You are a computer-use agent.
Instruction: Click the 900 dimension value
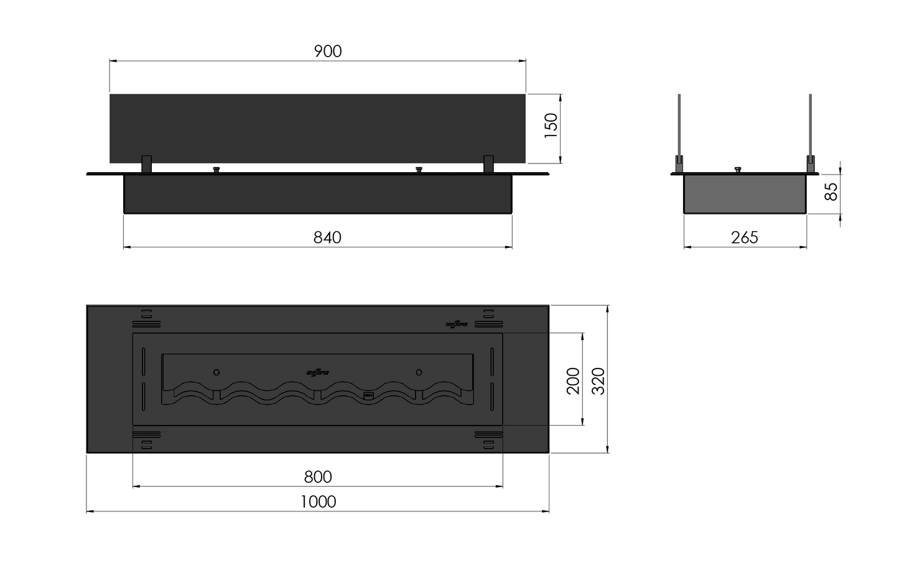tap(328, 52)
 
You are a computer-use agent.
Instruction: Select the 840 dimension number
tap(327, 238)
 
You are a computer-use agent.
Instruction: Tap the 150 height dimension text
tap(551, 126)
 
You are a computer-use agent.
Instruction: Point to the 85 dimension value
tap(831, 191)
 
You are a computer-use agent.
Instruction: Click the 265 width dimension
tap(745, 238)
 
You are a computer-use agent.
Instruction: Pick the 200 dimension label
tap(573, 381)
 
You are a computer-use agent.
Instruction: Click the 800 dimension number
tap(318, 477)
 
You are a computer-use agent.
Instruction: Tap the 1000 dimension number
tap(318, 502)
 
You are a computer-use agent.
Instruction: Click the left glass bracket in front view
tap(146, 164)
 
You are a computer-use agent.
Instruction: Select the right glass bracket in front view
tap(488, 164)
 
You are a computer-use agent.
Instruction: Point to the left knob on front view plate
tap(217, 170)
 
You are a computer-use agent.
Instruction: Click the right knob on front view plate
tap(419, 170)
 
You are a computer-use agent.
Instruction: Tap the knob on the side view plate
tap(738, 170)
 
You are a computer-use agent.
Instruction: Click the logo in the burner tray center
tap(318, 373)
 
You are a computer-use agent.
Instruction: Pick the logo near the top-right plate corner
tap(457, 324)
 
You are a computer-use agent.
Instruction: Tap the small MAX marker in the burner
tap(368, 395)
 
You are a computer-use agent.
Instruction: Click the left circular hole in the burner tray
tap(217, 372)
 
